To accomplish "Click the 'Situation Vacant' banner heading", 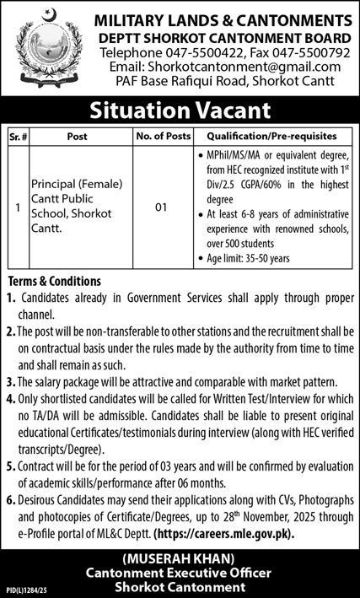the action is tap(180, 110).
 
